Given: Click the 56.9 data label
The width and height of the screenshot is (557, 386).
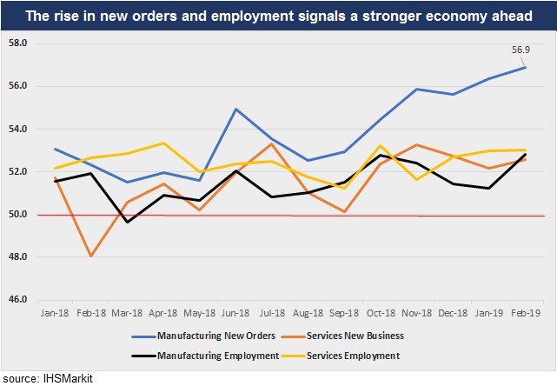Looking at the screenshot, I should (x=523, y=51).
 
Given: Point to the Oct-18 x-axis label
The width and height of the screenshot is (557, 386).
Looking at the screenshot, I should (x=381, y=312).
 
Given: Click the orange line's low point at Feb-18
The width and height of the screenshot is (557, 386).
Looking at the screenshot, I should (x=90, y=256).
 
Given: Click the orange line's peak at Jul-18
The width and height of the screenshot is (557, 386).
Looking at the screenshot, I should (x=272, y=143).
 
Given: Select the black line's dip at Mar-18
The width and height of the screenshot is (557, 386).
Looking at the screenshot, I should (x=127, y=222).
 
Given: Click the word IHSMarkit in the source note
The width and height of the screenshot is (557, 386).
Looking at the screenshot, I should (x=68, y=378).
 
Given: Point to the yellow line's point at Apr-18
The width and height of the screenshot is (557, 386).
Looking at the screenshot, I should (x=163, y=143).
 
